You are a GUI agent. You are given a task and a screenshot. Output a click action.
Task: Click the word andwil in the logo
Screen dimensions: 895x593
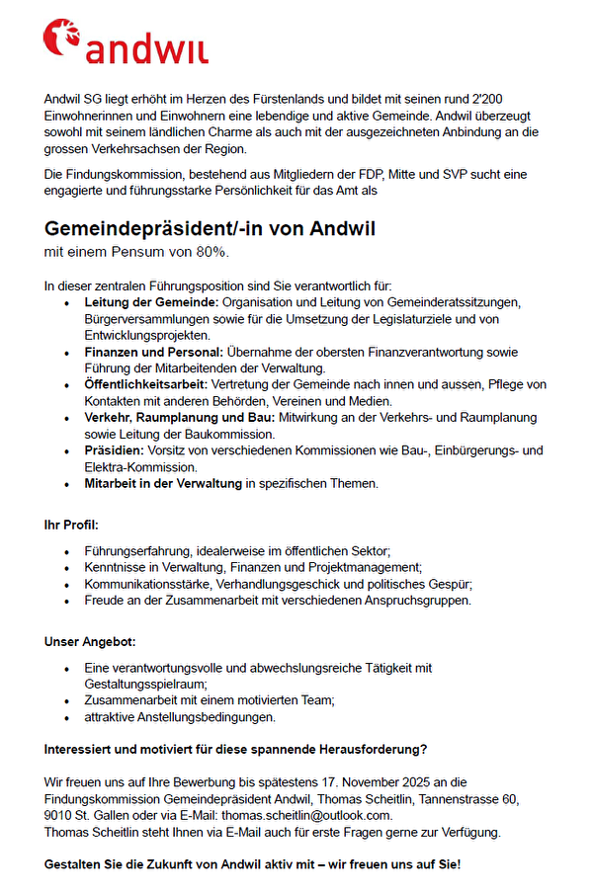pos(146,49)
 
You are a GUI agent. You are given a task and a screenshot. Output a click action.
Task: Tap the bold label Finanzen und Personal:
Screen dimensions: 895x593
pos(154,352)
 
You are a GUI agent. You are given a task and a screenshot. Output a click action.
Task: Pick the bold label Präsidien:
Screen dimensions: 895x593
pos(115,451)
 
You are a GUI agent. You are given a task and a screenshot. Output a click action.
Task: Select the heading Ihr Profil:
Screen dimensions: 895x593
pos(72,524)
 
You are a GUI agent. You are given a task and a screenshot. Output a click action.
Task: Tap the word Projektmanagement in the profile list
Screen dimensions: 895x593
pos(361,567)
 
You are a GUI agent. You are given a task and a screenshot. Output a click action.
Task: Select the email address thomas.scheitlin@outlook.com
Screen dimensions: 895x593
pos(306,815)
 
